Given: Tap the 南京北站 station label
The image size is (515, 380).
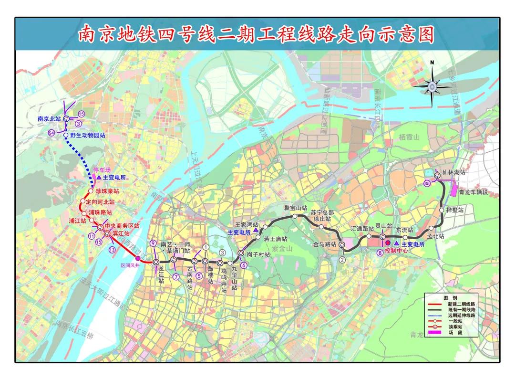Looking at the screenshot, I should [x=49, y=118].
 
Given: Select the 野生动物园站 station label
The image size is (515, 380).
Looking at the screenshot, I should [x=87, y=136].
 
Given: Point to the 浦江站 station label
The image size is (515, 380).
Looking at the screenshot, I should [x=77, y=221].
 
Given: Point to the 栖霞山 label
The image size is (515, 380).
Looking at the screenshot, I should [x=408, y=137].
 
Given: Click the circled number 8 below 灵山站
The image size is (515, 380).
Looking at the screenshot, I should [x=380, y=253].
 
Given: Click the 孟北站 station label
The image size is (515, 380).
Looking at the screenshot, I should [x=435, y=236].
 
